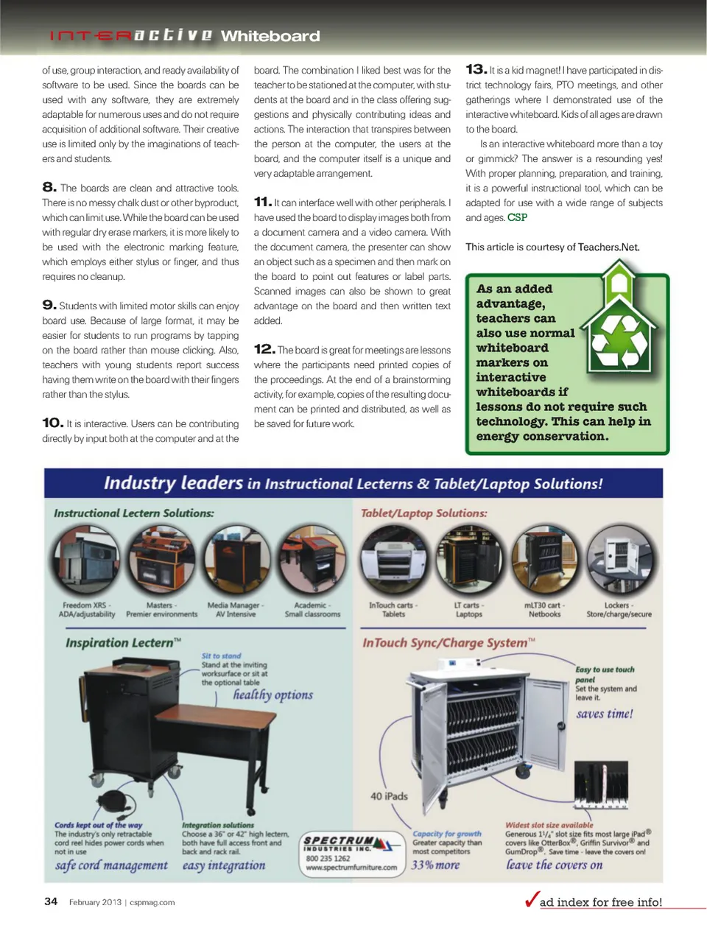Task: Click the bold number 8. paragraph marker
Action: pyautogui.click(x=49, y=187)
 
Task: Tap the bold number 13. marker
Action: pyautogui.click(x=476, y=69)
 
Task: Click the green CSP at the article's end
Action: pyautogui.click(x=517, y=217)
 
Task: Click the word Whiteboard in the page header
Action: pyautogui.click(x=270, y=36)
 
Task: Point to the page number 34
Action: pyautogui.click(x=51, y=901)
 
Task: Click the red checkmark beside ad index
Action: pyautogui.click(x=532, y=899)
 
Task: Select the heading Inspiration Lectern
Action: pyautogui.click(x=123, y=642)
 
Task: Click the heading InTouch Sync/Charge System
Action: pyautogui.click(x=449, y=642)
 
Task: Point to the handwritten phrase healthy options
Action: pyautogui.click(x=272, y=695)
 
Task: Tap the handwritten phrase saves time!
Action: pyautogui.click(x=604, y=714)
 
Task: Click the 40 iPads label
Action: pyautogui.click(x=389, y=796)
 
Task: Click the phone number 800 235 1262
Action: pyautogui.click(x=328, y=858)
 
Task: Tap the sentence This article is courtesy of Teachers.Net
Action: pyautogui.click(x=552, y=247)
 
